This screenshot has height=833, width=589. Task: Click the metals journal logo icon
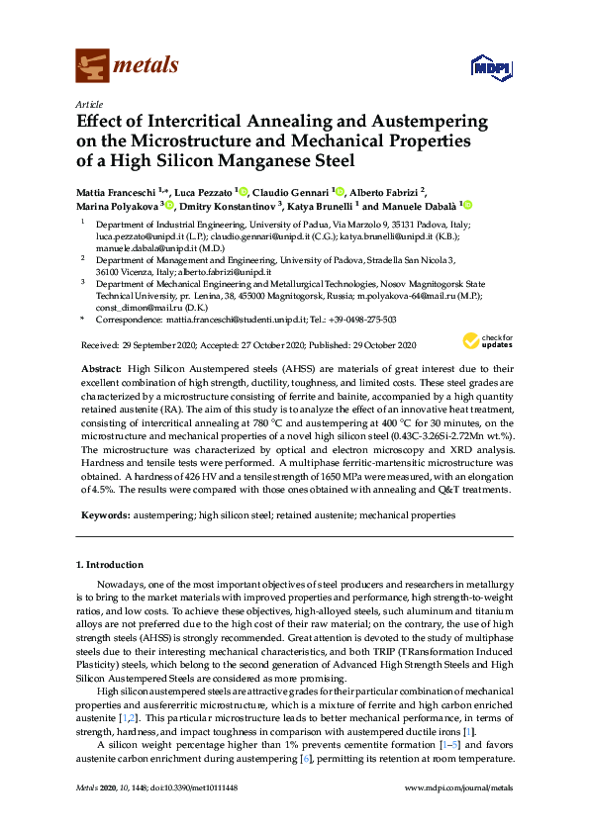pos(92,65)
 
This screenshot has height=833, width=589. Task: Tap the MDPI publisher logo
pos(491,67)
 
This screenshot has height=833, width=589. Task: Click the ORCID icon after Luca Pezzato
pos(243,191)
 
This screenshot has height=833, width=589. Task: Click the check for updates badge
pos(483,341)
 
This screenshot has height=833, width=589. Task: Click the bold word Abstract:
pos(100,367)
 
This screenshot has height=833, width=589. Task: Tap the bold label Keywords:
pos(105,514)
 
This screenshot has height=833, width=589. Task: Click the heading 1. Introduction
pos(110,565)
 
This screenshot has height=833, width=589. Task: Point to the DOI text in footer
pos(183,814)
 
